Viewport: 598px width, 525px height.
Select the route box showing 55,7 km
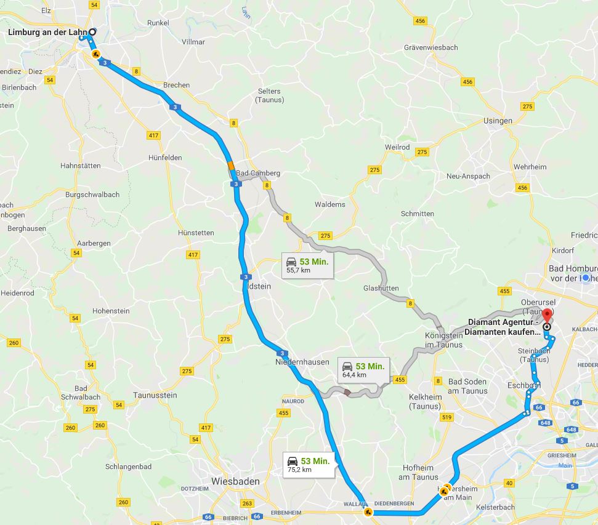[x=307, y=265]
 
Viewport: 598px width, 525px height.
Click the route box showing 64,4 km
[x=363, y=369]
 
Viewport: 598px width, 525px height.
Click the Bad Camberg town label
[x=258, y=173]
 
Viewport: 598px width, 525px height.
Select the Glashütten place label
[x=381, y=288]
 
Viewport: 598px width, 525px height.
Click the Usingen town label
[x=498, y=121]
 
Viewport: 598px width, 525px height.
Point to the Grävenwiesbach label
[x=431, y=47]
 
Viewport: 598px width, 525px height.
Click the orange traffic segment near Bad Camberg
[x=231, y=166]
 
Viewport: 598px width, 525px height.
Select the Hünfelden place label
[x=165, y=158]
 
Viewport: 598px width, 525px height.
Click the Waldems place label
[x=330, y=204]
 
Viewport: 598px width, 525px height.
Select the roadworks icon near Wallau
[x=368, y=511]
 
